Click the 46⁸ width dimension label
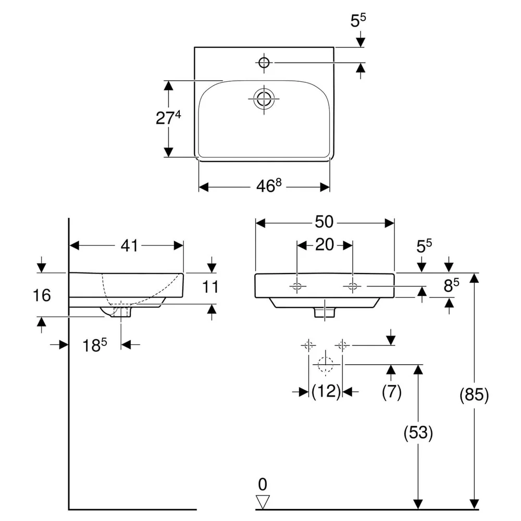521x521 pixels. [x=269, y=185]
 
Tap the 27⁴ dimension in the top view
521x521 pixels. [x=168, y=118]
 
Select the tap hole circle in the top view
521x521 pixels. [x=264, y=62]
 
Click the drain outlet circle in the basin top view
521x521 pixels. [x=264, y=98]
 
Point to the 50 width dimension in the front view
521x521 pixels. [x=324, y=222]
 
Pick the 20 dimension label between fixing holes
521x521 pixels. [x=324, y=245]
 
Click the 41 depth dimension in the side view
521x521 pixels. [x=129, y=245]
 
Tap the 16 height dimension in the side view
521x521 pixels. [x=42, y=295]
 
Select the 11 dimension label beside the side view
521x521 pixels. [x=210, y=287]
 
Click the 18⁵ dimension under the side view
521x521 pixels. [x=95, y=345]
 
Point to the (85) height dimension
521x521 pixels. [x=474, y=395]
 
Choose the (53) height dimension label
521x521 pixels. [x=418, y=432]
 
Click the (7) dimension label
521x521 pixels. [x=392, y=392]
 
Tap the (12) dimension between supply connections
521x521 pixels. [x=326, y=391]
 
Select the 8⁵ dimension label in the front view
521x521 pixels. [x=451, y=285]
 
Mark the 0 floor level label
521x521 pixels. [x=263, y=485]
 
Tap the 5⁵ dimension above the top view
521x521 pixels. [x=358, y=21]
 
